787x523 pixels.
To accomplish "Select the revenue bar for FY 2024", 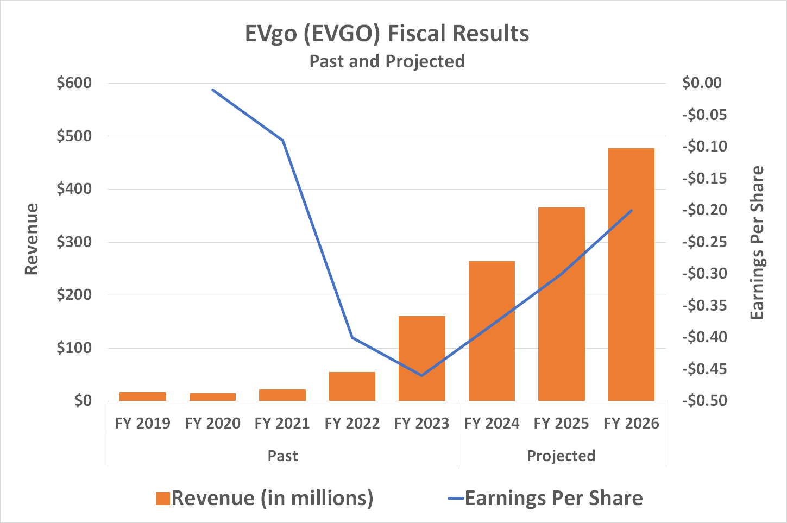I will click(492, 331).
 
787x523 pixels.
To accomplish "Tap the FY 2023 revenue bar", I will click(422, 358).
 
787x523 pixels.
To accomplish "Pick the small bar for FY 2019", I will click(143, 396).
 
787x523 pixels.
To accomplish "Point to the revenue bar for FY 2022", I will click(352, 386).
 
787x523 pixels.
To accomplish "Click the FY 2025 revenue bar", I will click(562, 304).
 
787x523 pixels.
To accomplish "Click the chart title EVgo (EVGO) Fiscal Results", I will click(387, 34).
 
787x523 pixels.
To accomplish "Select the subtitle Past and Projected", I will click(387, 61).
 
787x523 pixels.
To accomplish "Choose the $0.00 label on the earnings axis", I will click(702, 83).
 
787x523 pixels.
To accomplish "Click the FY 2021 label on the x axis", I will click(282, 423).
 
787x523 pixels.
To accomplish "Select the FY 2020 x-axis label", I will click(212, 423).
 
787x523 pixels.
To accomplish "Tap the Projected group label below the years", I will click(561, 456).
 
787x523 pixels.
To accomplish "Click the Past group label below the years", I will click(282, 456).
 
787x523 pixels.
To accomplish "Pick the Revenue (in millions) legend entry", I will click(265, 498).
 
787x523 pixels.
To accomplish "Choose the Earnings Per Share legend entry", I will click(546, 498).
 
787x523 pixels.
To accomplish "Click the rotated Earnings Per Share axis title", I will click(757, 242).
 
